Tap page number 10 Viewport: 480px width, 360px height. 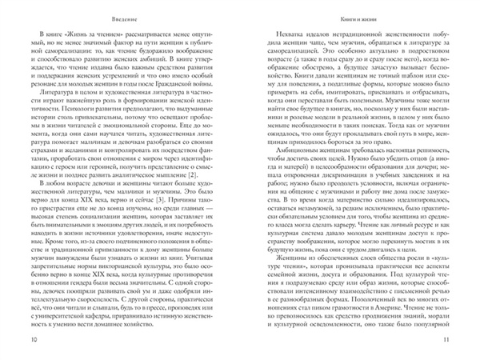point(33,340)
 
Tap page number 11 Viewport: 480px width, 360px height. point(446,340)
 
